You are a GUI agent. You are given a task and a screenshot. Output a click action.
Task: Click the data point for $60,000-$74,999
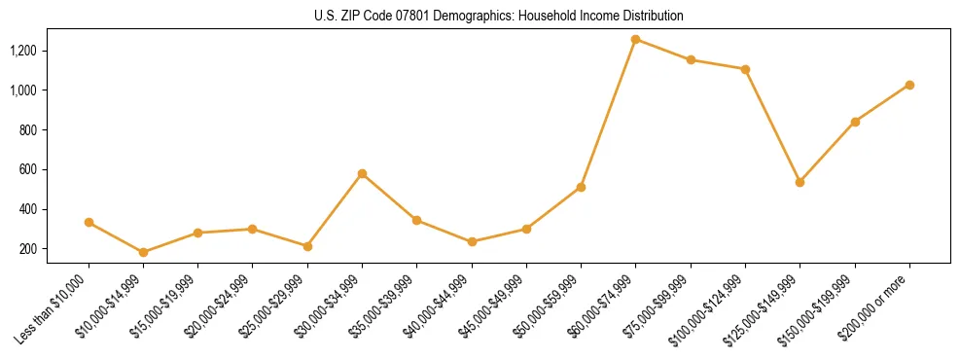(635, 39)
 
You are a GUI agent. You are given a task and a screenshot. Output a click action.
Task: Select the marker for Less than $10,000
(89, 222)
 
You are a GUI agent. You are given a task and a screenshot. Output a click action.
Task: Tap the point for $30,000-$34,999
(362, 173)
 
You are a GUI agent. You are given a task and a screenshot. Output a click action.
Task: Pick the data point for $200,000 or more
(909, 85)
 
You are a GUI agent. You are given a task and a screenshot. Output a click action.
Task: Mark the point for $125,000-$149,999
(800, 182)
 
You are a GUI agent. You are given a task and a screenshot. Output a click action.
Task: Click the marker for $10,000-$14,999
(143, 252)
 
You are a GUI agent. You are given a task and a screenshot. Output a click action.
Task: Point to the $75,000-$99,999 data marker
(691, 59)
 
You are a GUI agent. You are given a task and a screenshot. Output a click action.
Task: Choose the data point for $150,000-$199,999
(855, 122)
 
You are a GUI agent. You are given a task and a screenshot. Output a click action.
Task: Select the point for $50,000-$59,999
(581, 187)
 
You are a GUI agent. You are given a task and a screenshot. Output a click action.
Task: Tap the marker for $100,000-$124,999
(745, 69)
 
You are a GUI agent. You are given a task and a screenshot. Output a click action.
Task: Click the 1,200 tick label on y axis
(23, 51)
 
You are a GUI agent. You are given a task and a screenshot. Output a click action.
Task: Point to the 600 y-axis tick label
(28, 169)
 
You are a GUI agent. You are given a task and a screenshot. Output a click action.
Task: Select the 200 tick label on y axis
(28, 249)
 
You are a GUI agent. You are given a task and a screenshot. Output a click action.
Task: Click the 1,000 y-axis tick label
(23, 90)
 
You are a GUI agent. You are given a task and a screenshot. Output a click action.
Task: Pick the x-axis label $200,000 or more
(876, 308)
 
